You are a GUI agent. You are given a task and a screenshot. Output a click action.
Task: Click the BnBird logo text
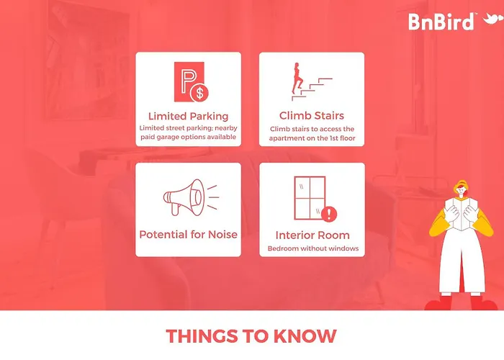point(441,22)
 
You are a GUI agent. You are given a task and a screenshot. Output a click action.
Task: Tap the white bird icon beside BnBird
point(492,19)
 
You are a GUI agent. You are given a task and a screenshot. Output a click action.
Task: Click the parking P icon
point(189,81)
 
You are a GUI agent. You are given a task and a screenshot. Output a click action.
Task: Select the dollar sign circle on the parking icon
point(199,93)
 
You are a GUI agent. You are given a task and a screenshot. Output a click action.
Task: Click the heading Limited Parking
point(189,116)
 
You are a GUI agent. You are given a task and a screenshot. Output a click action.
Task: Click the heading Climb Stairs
point(312,115)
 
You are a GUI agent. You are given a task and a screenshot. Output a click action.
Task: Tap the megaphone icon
point(191,197)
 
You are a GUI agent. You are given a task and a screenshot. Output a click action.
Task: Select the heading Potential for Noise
point(189,234)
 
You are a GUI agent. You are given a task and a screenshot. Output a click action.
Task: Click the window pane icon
point(310,198)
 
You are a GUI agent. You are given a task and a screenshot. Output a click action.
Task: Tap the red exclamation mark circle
point(328,214)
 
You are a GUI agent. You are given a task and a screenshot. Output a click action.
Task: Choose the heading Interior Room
point(312,235)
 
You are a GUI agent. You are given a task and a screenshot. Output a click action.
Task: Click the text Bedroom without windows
point(313,248)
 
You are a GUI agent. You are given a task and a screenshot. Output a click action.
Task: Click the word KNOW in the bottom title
point(305,336)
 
